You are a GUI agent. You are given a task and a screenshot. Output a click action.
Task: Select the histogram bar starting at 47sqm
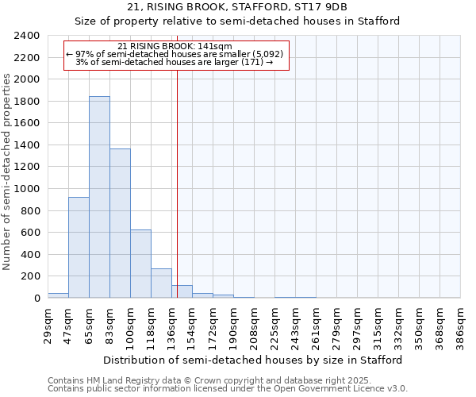click(79, 247)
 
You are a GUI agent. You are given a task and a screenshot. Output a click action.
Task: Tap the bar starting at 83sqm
click(120, 223)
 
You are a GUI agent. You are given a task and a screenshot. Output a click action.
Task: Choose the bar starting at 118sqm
click(161, 283)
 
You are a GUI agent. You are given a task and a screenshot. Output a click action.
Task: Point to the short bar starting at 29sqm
click(58, 295)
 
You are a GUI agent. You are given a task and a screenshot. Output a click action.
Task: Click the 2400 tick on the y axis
click(27, 36)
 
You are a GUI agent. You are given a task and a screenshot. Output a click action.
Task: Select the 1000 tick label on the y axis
click(27, 189)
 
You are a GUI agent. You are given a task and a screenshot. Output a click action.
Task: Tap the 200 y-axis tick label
click(30, 276)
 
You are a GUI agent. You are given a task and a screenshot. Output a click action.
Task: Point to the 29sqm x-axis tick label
click(48, 323)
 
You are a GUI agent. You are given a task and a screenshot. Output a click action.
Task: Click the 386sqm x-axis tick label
click(461, 323)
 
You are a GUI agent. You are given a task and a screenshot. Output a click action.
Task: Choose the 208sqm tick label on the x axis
click(255, 323)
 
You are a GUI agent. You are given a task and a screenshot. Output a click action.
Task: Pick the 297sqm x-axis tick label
click(358, 323)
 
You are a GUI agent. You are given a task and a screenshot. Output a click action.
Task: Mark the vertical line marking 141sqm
click(177, 183)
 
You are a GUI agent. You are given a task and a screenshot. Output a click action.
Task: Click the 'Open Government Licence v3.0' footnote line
click(228, 388)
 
